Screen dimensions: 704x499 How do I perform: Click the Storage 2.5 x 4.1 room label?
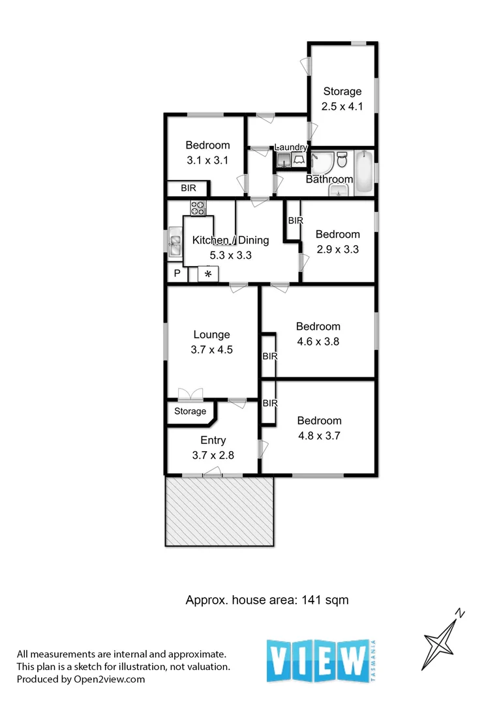[x=341, y=98]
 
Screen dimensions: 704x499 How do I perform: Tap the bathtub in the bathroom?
[x=365, y=171]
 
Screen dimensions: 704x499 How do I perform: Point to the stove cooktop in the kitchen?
[x=198, y=209]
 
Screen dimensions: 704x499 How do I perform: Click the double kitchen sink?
[x=174, y=242]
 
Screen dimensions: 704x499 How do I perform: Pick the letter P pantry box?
[x=177, y=274]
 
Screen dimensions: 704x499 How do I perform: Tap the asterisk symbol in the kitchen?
[x=208, y=274]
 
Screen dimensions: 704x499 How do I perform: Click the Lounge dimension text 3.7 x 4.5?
[x=212, y=349]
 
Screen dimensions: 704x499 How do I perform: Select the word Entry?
[x=213, y=441]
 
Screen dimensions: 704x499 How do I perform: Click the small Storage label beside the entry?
[x=190, y=411]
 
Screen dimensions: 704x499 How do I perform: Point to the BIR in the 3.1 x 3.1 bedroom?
[x=188, y=189]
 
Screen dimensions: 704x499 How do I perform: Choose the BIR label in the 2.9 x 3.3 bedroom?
[x=295, y=221]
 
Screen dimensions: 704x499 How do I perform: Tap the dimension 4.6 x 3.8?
[x=318, y=341]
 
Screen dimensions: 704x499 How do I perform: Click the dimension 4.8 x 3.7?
[x=319, y=435]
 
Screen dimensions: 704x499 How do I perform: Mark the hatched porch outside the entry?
[x=219, y=512]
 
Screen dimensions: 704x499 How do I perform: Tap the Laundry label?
[x=290, y=147]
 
